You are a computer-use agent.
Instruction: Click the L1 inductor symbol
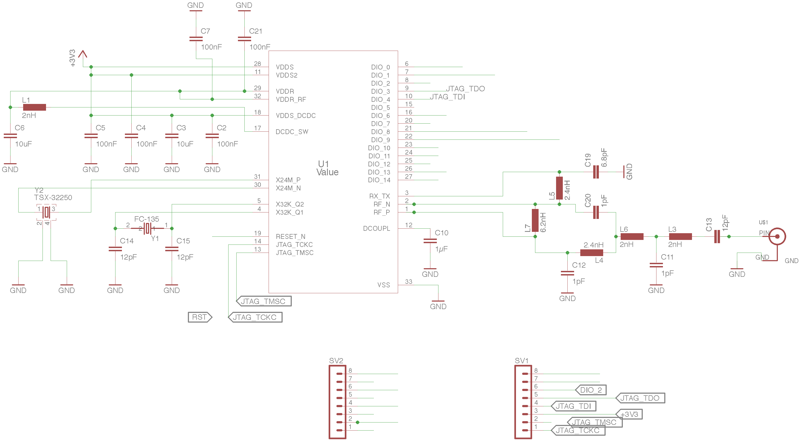tap(34, 107)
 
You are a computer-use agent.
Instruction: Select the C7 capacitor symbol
tap(196, 39)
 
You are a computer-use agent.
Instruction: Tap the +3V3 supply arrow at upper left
tap(83, 54)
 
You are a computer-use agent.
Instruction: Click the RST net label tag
tap(200, 317)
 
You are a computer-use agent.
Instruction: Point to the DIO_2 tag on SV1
tap(591, 390)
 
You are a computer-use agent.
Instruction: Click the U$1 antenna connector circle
tap(777, 236)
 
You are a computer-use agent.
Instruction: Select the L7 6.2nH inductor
tap(535, 220)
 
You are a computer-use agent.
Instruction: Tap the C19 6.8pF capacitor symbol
tap(596, 172)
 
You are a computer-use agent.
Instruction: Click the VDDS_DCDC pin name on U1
tap(296, 116)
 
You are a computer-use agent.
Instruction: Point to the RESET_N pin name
tap(290, 236)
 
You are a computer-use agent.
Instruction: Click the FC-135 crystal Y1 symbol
tap(148, 228)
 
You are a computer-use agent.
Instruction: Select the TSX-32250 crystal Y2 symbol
tap(47, 212)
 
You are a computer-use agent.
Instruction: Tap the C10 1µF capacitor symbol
tap(430, 241)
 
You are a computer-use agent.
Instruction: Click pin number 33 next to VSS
tap(408, 282)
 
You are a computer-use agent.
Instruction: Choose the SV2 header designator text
tap(336, 361)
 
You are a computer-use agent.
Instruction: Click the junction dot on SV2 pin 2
tap(358, 422)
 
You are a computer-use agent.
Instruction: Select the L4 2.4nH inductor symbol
tap(591, 253)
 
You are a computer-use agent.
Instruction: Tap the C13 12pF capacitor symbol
tap(717, 236)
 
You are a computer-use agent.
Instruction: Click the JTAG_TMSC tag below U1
tap(264, 301)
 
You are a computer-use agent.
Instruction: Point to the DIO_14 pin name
tap(379, 180)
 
